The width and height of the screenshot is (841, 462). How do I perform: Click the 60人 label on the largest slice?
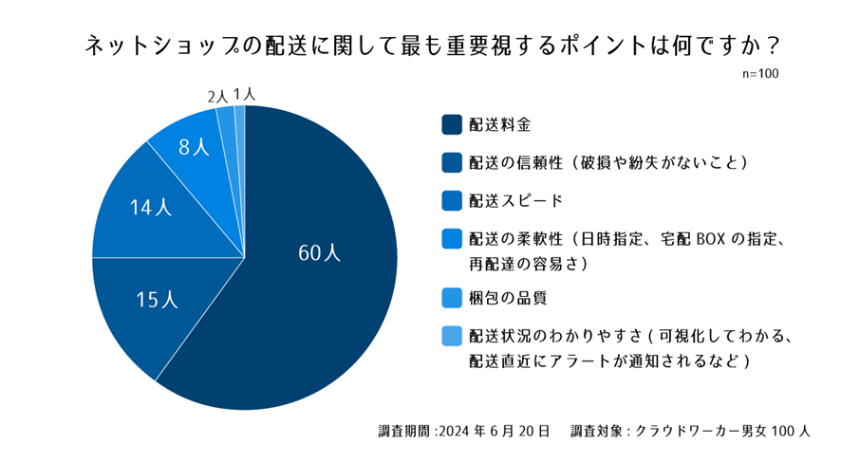pyautogui.click(x=318, y=253)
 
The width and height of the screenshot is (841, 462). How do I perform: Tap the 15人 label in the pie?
pyautogui.click(x=158, y=300)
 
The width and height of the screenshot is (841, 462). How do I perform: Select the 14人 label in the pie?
pyautogui.click(x=151, y=208)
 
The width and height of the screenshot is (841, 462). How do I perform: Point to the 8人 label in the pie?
pyautogui.click(x=193, y=147)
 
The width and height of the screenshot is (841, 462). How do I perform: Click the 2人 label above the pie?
pyautogui.click(x=217, y=96)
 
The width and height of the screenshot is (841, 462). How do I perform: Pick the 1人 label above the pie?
pyautogui.click(x=243, y=94)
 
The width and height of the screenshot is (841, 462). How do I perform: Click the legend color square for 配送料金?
pyautogui.click(x=451, y=124)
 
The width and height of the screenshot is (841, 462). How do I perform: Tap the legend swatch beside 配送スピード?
pyautogui.click(x=451, y=201)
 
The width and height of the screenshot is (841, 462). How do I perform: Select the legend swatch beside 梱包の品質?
pyautogui.click(x=451, y=298)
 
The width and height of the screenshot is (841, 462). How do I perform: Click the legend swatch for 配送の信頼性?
pyautogui.click(x=451, y=163)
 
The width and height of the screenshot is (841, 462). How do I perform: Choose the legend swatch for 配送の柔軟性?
pyautogui.click(x=451, y=240)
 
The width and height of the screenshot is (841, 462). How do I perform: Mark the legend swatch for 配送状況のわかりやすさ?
pyautogui.click(x=451, y=336)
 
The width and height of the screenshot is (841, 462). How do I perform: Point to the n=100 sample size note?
pyautogui.click(x=761, y=73)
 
